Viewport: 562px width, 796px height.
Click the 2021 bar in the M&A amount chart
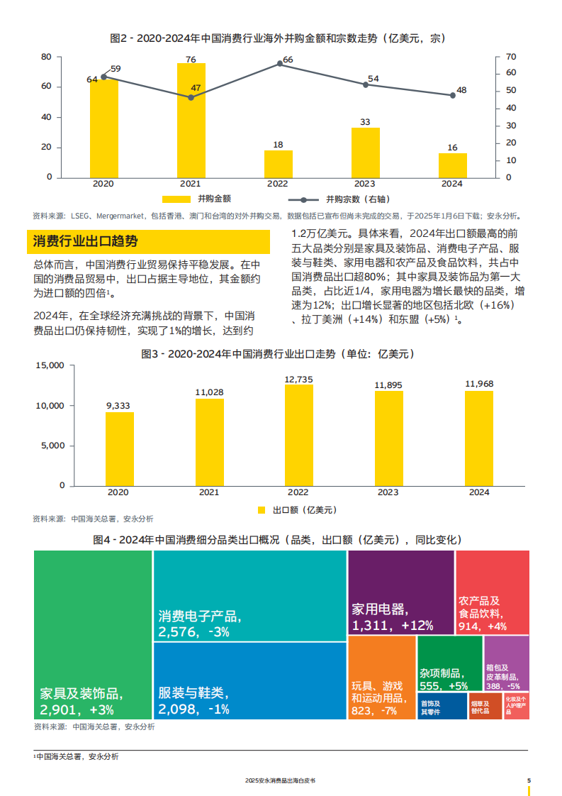pos(191,120)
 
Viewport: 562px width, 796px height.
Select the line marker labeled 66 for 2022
pos(280,63)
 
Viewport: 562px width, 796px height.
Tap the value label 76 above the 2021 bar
pos(191,60)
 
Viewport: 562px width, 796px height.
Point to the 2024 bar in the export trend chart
pos(478,438)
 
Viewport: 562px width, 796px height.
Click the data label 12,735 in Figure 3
pos(298,380)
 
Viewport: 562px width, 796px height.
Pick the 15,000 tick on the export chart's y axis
pos(50,365)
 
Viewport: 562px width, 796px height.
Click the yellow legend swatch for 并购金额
pos(176,199)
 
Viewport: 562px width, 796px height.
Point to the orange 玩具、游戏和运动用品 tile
pos(381,678)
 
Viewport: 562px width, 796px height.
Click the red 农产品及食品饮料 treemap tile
pos(492,592)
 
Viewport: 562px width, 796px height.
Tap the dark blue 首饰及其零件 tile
pos(442,707)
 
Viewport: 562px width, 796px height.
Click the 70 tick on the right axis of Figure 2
pos(511,57)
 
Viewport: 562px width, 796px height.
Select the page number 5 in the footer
pos(529,780)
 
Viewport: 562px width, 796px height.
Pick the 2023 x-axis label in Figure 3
pos(388,492)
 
